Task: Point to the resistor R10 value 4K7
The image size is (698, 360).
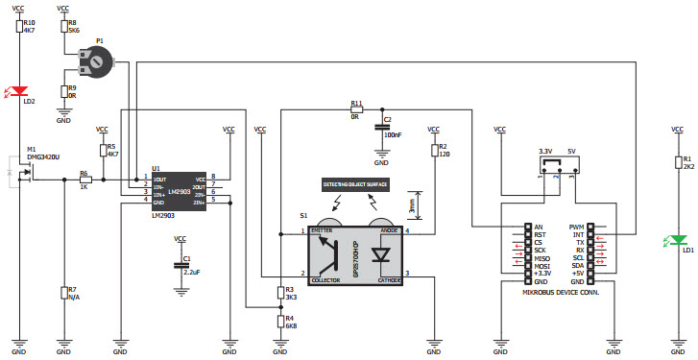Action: tap(30, 30)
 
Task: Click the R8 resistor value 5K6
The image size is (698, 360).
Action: tap(73, 30)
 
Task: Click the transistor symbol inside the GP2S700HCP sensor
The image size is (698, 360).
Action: tap(335, 253)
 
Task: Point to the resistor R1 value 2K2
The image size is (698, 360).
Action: tap(687, 165)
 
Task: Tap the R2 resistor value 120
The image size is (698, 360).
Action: tap(444, 154)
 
